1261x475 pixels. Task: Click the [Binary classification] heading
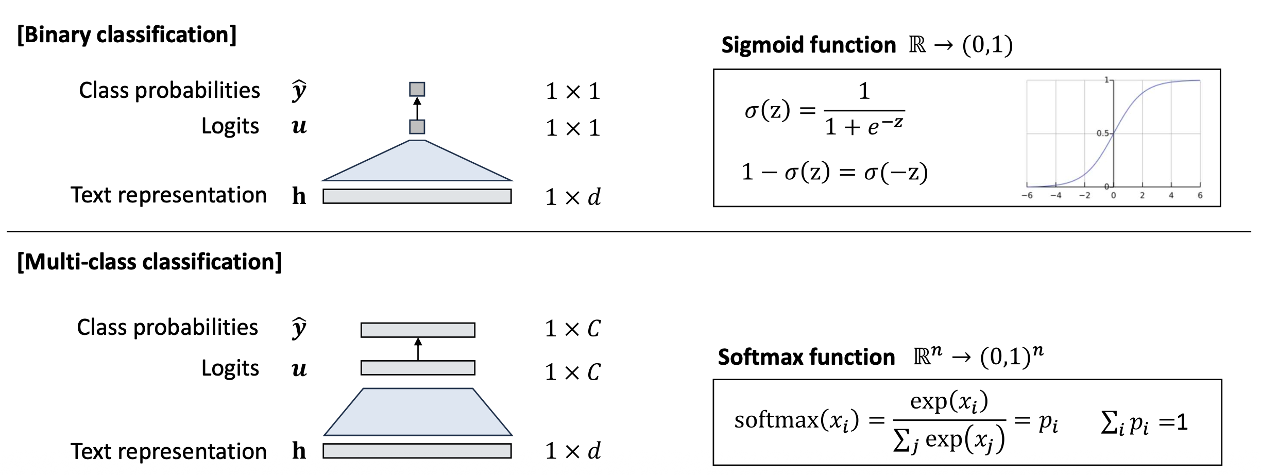coord(127,35)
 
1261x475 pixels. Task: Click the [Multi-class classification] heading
coord(149,262)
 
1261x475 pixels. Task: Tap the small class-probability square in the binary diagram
coord(417,90)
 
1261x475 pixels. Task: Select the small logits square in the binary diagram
coord(417,127)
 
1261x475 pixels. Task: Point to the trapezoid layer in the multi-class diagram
coord(418,412)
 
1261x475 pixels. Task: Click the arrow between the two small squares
coord(417,108)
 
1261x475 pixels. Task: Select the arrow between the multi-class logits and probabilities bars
coord(418,349)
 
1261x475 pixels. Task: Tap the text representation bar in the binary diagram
coord(417,196)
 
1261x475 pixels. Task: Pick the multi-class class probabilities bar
coord(418,330)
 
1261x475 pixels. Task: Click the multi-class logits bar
coord(418,368)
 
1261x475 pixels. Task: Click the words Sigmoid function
coord(808,45)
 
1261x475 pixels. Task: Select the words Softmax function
coord(806,358)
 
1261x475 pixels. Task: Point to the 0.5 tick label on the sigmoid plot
coord(1102,133)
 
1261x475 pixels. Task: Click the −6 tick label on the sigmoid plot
coord(1027,196)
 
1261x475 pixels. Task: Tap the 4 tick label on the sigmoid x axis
coord(1171,196)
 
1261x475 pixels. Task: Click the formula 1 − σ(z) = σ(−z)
coord(834,172)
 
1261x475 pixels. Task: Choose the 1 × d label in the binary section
coord(573,197)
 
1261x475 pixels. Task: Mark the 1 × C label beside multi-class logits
coord(573,372)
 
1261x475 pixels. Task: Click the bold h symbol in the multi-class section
coord(299,451)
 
